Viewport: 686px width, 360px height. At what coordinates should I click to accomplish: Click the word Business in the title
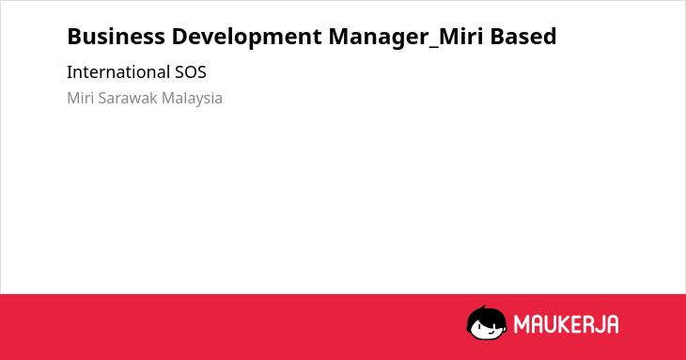(x=116, y=37)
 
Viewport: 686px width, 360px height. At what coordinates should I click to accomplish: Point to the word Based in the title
(x=523, y=37)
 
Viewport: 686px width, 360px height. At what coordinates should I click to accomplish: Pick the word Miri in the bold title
(x=460, y=37)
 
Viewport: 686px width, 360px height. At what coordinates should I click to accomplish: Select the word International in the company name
(x=118, y=72)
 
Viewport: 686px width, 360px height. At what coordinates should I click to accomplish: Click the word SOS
(x=191, y=72)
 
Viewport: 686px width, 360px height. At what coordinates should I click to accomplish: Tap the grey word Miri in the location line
(x=81, y=98)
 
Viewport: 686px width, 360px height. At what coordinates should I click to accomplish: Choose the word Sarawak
(x=128, y=98)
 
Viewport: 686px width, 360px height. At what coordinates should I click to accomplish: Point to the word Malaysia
(x=192, y=99)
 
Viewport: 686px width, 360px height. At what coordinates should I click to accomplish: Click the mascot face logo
(x=487, y=322)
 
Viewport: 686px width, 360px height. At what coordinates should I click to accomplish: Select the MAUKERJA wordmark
(x=566, y=324)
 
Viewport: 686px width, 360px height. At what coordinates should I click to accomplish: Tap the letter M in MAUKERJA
(x=522, y=324)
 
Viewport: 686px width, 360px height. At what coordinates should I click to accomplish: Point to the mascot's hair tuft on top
(x=483, y=308)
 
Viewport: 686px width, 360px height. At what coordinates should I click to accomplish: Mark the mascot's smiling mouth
(x=491, y=332)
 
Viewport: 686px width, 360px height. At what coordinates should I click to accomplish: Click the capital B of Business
(x=74, y=37)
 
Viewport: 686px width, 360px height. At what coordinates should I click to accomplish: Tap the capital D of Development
(x=179, y=37)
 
